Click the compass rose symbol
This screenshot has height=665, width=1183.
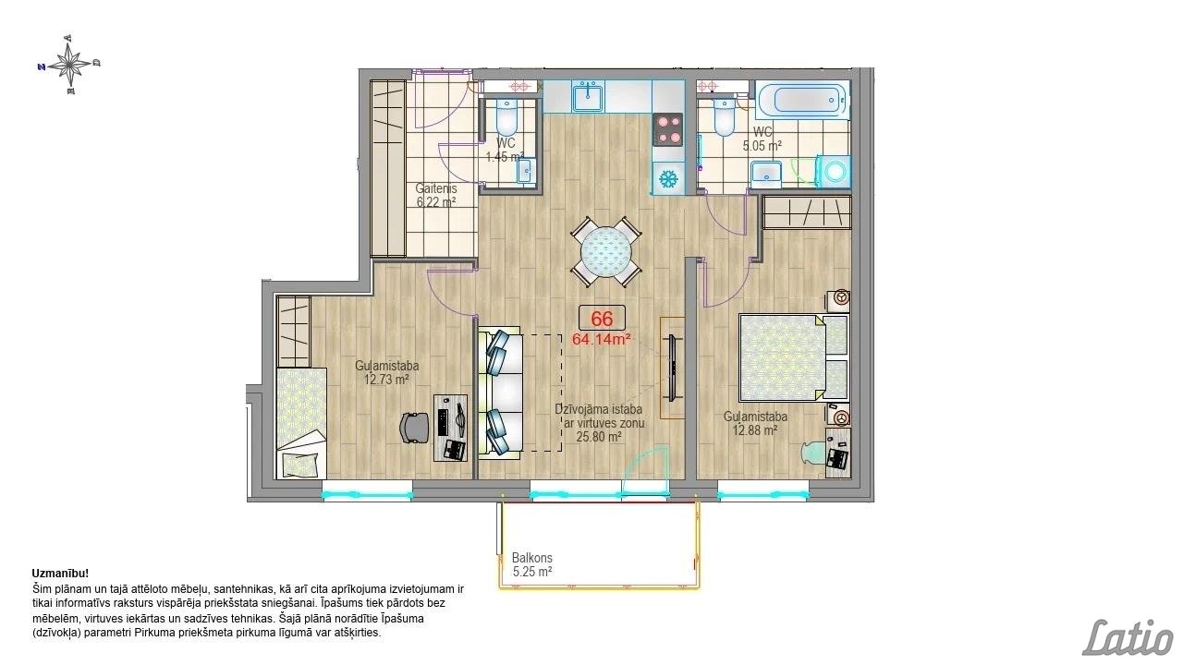pos(69,65)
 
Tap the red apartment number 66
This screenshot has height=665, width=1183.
pos(602,319)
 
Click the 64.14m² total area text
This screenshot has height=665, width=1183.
pos(602,339)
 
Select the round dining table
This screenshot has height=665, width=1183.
pos(606,252)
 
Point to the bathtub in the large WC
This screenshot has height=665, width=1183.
pos(803,100)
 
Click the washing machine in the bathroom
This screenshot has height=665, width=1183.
pos(834,171)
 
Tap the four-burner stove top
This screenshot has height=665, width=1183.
pos(668,129)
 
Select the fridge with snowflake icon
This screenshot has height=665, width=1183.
pos(668,179)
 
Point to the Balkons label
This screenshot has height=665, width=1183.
pos(531,557)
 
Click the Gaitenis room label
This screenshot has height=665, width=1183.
pos(435,187)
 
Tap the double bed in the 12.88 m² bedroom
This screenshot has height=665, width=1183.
pos(794,357)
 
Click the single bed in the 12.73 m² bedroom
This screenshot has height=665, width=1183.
pos(301,424)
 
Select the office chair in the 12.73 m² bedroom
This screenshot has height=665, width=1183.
pos(416,427)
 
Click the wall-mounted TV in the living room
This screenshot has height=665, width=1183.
pos(673,369)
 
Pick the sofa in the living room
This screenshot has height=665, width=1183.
pos(500,391)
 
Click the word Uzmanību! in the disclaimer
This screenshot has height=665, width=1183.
pos(60,574)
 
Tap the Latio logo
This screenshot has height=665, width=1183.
pos(1128,637)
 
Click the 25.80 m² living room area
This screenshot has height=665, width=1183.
pos(598,437)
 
